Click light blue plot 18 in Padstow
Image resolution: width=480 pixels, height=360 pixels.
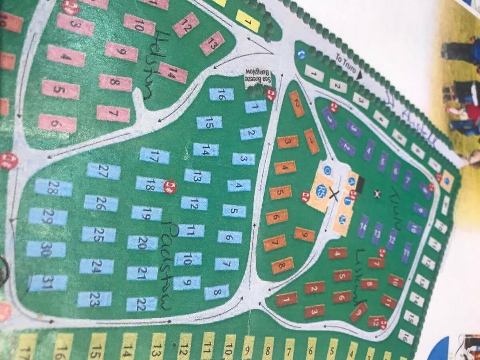[150, 184]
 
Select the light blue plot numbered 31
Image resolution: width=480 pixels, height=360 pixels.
[48, 283]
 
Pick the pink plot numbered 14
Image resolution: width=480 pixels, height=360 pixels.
[173, 73]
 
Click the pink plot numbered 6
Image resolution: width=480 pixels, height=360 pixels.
[57, 123]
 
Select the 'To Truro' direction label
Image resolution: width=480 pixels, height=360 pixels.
[342, 65]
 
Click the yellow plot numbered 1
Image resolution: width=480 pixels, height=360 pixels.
[248, 20]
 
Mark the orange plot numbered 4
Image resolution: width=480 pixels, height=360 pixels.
[285, 168]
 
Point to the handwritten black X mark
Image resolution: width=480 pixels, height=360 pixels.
[335, 195]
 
